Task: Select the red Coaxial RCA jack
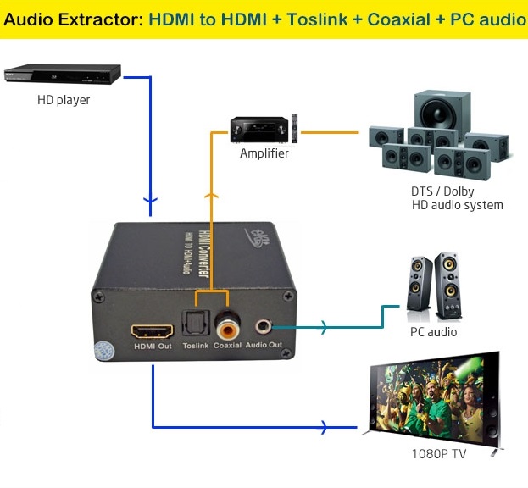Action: [x=227, y=323]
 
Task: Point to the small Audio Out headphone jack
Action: [x=266, y=324]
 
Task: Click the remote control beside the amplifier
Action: [x=295, y=128]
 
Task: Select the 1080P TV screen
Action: [x=428, y=398]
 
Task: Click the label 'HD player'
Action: [x=64, y=100]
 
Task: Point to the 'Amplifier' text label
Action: [x=264, y=153]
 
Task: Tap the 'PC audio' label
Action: [x=433, y=331]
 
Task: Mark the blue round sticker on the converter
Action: [x=103, y=351]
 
